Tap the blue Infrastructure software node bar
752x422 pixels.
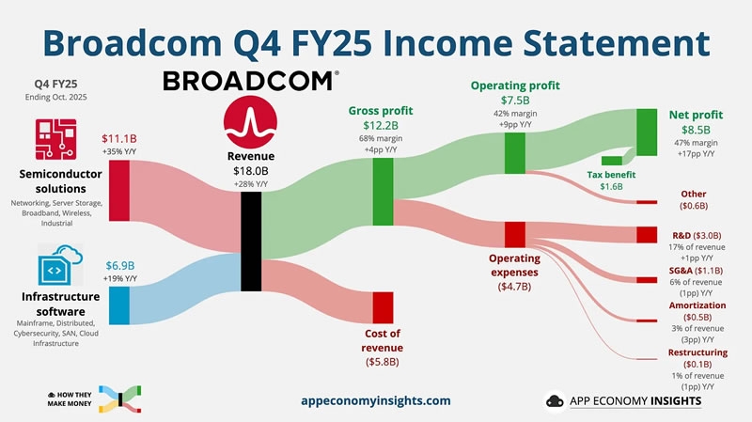(x=119, y=304)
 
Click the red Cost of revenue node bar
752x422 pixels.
(x=383, y=307)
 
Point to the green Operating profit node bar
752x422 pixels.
(x=514, y=152)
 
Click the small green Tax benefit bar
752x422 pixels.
(x=612, y=161)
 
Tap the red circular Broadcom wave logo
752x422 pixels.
(x=250, y=121)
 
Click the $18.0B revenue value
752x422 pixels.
(x=251, y=172)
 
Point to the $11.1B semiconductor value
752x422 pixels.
(x=118, y=139)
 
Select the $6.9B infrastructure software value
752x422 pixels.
(x=118, y=265)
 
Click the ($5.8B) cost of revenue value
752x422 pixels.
(x=383, y=361)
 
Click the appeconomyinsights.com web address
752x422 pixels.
(x=376, y=400)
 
